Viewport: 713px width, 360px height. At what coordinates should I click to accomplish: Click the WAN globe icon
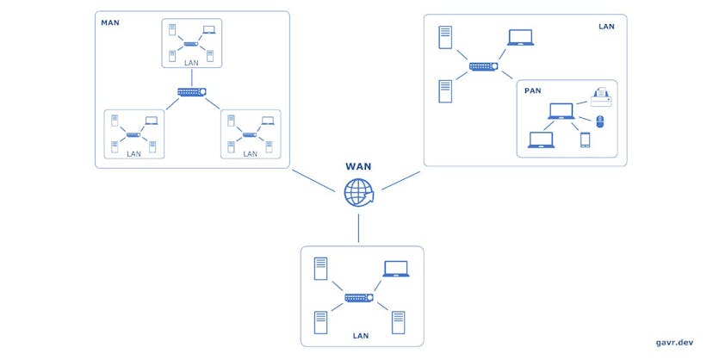pyautogui.click(x=357, y=193)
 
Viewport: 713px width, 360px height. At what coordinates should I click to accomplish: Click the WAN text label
pyautogui.click(x=358, y=166)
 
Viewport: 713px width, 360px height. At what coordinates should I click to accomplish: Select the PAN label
pyautogui.click(x=532, y=90)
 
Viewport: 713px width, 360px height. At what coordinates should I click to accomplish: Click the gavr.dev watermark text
pyautogui.click(x=673, y=343)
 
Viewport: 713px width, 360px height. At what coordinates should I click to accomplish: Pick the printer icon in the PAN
pyautogui.click(x=600, y=97)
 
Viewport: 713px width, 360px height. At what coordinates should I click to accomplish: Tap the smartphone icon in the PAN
pyautogui.click(x=585, y=140)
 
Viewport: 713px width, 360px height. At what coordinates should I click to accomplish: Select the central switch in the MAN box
pyautogui.click(x=191, y=92)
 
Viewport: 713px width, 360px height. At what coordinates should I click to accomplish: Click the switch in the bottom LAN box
pyautogui.click(x=358, y=298)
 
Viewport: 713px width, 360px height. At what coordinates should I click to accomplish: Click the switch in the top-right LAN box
pyautogui.click(x=483, y=66)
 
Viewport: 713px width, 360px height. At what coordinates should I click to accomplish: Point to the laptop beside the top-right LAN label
pyautogui.click(x=520, y=38)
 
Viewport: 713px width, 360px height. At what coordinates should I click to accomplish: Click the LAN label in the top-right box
pyautogui.click(x=606, y=27)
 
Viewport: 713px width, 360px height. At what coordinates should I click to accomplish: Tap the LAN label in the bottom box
pyautogui.click(x=362, y=335)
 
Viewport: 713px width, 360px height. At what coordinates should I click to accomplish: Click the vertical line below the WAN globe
pyautogui.click(x=357, y=227)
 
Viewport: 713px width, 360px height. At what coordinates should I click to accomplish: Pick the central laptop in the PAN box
pyautogui.click(x=561, y=111)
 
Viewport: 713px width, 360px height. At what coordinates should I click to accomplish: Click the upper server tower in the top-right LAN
pyautogui.click(x=445, y=37)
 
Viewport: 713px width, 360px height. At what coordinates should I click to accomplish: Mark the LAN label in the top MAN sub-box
pyautogui.click(x=192, y=61)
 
